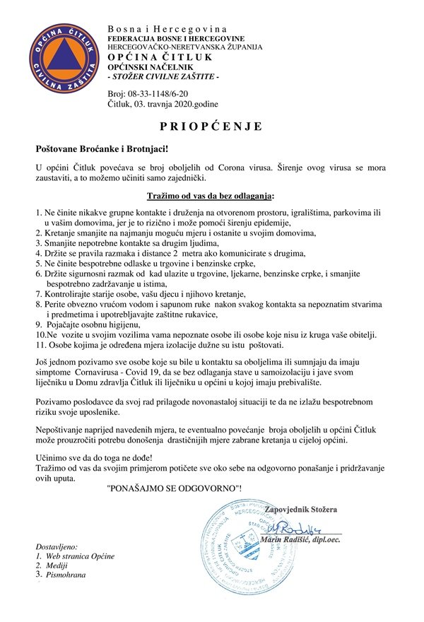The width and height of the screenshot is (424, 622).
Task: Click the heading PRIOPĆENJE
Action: point(212,127)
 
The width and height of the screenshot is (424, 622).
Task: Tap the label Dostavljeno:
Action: point(61,546)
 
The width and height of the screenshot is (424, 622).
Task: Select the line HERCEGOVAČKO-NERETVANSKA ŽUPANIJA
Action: point(184,46)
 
